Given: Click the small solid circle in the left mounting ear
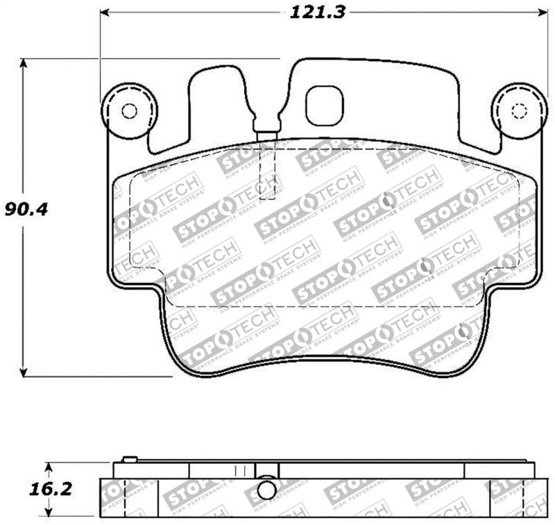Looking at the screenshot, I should point(129,111).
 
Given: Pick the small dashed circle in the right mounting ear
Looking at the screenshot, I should point(518,112).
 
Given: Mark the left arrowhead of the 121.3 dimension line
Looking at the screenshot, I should point(106,12).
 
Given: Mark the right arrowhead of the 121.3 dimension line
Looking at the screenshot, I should point(540,12).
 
